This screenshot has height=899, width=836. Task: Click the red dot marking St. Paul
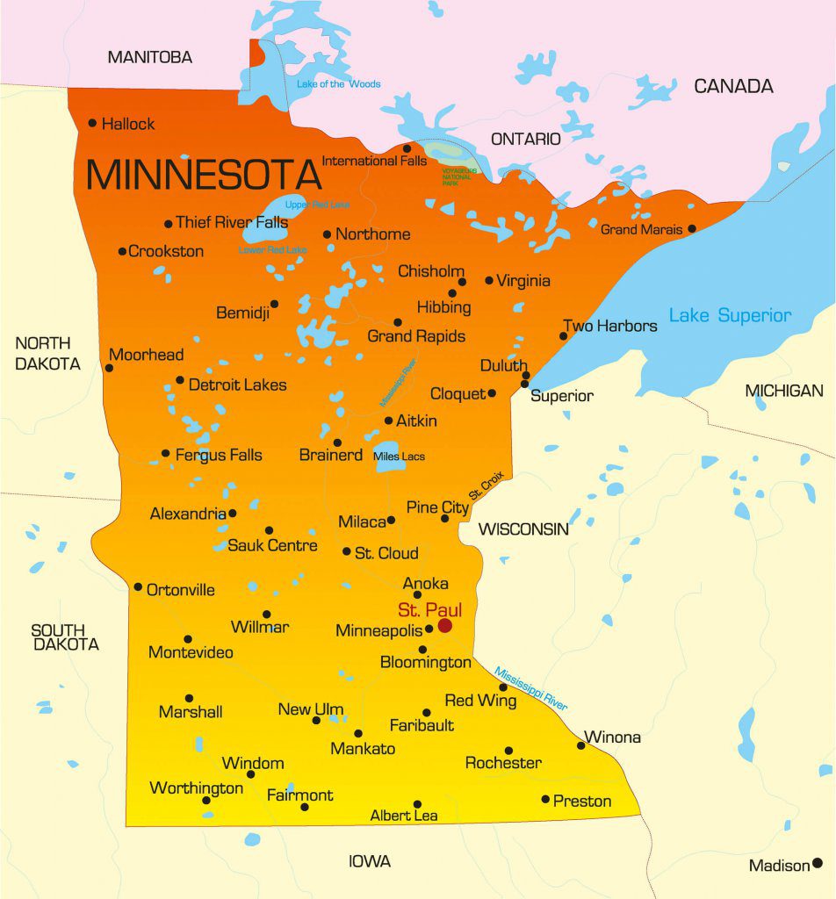tap(445, 625)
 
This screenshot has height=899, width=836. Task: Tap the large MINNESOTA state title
tap(204, 175)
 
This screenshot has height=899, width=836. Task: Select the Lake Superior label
tap(730, 315)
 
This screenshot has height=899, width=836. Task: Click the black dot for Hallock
tap(92, 124)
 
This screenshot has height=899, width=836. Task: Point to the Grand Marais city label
tap(641, 230)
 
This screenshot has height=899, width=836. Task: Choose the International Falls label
tap(374, 161)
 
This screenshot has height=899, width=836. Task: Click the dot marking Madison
tap(817, 863)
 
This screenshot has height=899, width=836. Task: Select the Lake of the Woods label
tap(338, 84)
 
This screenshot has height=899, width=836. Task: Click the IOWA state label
tap(370, 861)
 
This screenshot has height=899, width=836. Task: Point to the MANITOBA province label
tap(149, 58)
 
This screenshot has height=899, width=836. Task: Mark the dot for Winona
tap(580, 745)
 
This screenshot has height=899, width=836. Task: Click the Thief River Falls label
tap(232, 223)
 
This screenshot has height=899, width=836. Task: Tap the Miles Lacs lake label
tap(399, 457)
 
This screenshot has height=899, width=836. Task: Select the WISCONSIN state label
tap(523, 529)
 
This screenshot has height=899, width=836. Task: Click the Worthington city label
tap(196, 788)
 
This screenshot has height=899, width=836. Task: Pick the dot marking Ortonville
tap(138, 586)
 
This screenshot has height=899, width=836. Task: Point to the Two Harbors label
tap(609, 326)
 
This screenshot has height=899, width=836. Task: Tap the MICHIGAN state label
tap(784, 391)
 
